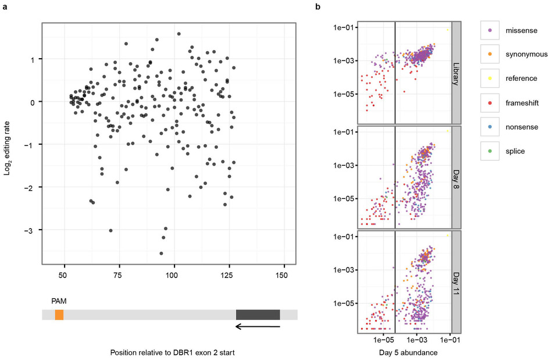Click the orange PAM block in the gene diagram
pyautogui.click(x=59, y=315)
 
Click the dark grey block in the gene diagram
pyautogui.click(x=258, y=315)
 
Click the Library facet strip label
pyautogui.click(x=456, y=72)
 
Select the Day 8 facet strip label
pyautogui.click(x=456, y=177)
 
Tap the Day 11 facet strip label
pyautogui.click(x=456, y=281)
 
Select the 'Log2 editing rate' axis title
pyautogui.click(x=7, y=141)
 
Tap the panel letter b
pyautogui.click(x=317, y=6)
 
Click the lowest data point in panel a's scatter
pyautogui.click(x=161, y=253)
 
